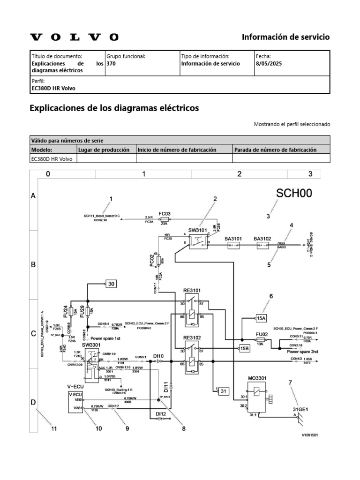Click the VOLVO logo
tap(74, 37)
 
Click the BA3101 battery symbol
tap(233, 245)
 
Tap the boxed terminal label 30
tap(111, 283)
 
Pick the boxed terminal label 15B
tap(244, 348)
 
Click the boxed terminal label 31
tap(223, 390)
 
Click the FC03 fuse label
tap(164, 214)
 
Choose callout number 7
tap(290, 383)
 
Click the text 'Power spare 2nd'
tap(303, 351)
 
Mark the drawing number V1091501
tap(310, 435)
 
